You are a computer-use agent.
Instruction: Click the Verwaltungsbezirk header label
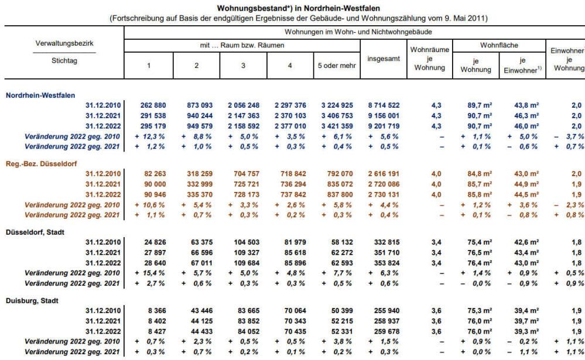64,43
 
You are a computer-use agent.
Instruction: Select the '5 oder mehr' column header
337,66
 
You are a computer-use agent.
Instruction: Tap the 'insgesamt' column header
384,59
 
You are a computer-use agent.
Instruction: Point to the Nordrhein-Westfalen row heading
40,95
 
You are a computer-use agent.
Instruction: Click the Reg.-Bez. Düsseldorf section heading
41,164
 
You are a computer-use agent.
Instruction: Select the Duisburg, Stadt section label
32,301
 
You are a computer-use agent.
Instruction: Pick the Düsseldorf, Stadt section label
35,232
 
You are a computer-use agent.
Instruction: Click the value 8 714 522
384,105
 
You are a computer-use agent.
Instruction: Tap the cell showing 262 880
153,105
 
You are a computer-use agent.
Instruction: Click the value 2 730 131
384,195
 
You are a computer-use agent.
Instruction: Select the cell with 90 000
155,184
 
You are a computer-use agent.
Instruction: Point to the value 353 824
387,263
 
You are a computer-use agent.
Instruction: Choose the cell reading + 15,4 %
150,273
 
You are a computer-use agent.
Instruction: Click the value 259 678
387,331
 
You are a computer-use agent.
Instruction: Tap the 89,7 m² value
480,105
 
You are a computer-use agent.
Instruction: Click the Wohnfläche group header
499,46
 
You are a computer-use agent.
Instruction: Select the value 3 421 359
337,126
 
